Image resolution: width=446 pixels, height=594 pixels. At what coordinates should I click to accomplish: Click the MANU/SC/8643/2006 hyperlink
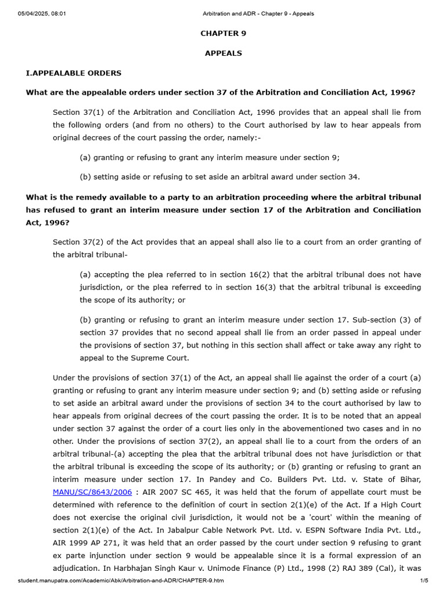click(x=92, y=492)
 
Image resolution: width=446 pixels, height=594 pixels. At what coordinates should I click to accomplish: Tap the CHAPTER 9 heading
click(x=223, y=34)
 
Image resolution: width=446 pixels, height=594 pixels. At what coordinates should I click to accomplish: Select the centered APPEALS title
click(x=223, y=53)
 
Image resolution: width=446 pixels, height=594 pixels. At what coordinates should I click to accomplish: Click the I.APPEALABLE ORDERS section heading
click(x=74, y=73)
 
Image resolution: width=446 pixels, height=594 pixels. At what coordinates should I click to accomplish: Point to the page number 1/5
click(x=424, y=581)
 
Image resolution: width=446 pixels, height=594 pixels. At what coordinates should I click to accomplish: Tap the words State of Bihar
click(x=390, y=479)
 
